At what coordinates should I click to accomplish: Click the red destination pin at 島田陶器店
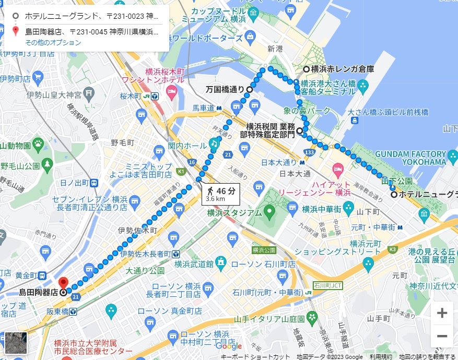click(x=63, y=282)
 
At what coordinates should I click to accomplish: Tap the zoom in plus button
click(x=442, y=313)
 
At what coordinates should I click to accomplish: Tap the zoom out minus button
click(x=442, y=336)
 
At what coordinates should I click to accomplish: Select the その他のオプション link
click(x=53, y=43)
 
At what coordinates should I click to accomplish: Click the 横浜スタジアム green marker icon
click(x=269, y=212)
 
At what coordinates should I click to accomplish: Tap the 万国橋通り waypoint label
click(x=225, y=90)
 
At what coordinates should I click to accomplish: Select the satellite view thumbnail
click(x=16, y=342)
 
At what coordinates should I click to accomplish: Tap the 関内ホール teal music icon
click(x=214, y=143)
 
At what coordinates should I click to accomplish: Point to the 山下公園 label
click(x=396, y=181)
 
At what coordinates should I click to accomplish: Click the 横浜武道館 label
click(x=194, y=263)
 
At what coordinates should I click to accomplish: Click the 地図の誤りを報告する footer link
click(x=427, y=357)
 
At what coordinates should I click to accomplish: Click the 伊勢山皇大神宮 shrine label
click(x=51, y=95)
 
